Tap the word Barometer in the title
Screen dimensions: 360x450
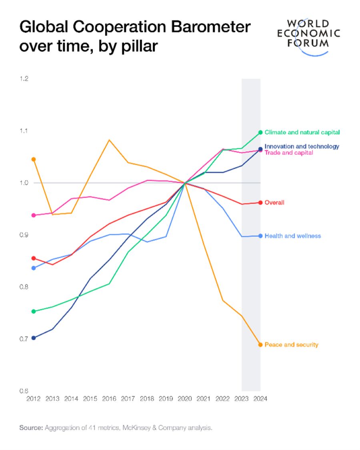click(x=211, y=27)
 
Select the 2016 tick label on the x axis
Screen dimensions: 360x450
click(x=109, y=399)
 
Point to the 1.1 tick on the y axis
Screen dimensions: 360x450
click(x=24, y=131)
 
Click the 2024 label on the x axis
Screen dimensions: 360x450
click(x=260, y=399)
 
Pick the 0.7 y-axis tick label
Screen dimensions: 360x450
click(x=24, y=339)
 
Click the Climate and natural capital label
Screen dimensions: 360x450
click(x=302, y=132)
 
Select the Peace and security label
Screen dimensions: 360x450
click(x=291, y=344)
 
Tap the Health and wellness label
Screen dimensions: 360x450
click(x=292, y=236)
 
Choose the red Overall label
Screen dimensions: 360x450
click(x=274, y=203)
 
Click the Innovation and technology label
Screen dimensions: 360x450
click(x=302, y=146)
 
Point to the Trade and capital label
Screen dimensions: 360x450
click(x=288, y=153)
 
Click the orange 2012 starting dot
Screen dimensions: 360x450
click(x=34, y=159)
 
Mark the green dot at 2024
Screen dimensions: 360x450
click(x=260, y=132)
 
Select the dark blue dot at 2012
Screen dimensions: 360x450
click(x=34, y=338)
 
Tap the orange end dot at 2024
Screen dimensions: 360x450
click(x=260, y=345)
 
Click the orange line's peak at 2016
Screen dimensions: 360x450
click(x=109, y=140)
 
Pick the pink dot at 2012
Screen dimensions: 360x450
click(x=34, y=215)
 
